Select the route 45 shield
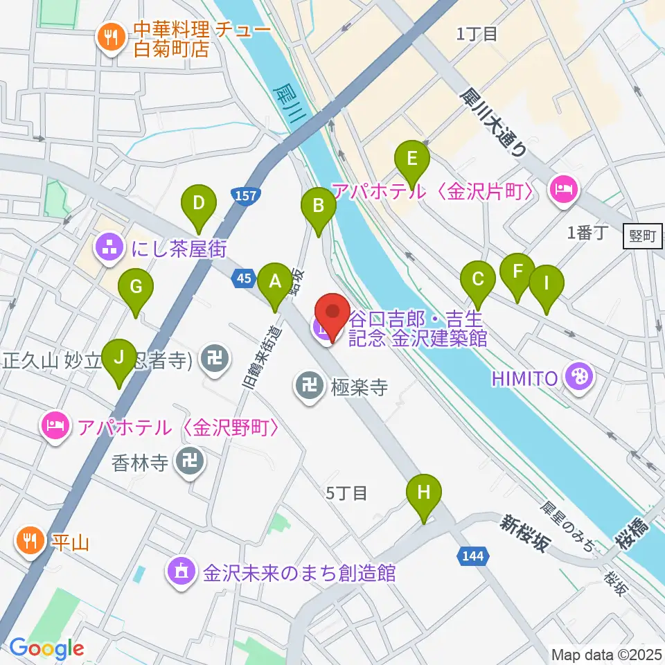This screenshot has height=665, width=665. [243, 278]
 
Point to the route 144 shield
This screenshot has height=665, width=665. [473, 555]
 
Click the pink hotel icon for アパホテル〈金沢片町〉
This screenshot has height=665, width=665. [562, 190]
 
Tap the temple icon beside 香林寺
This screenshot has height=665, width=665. [189, 463]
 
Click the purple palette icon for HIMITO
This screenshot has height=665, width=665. [576, 378]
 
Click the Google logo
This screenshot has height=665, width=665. [46, 649]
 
